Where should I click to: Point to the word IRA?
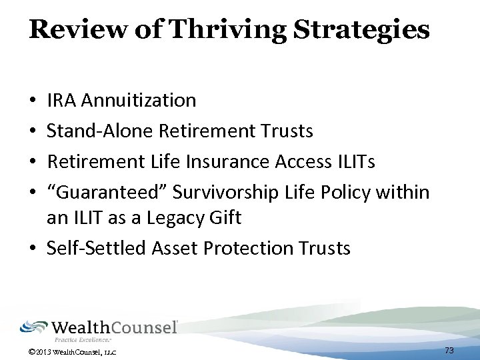[x=61, y=101]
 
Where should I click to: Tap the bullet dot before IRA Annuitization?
[x=33, y=101]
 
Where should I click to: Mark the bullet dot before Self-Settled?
[x=33, y=249]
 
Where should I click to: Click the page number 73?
[x=449, y=350]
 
